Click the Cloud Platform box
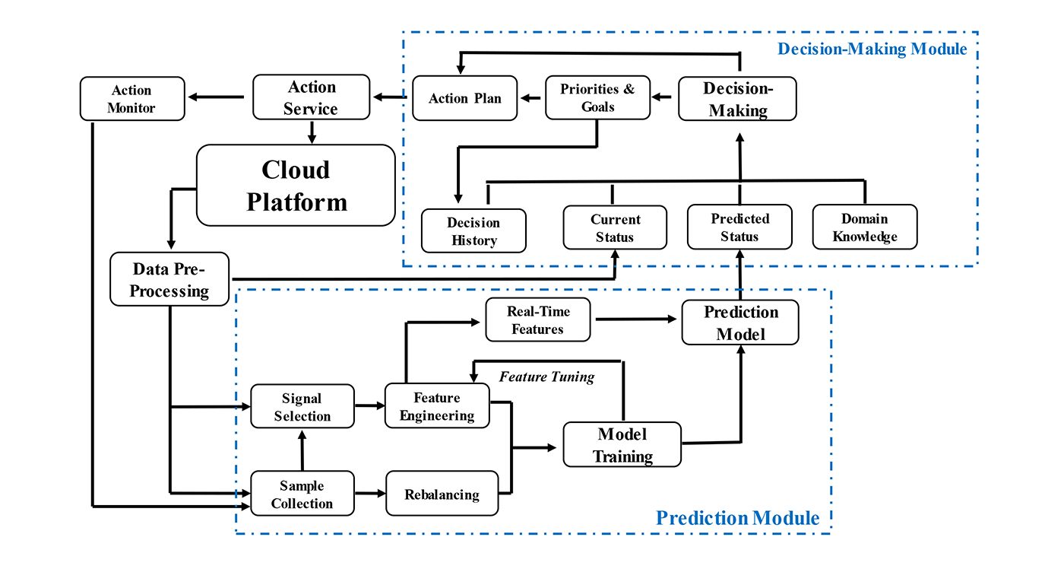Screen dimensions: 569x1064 coord(296,185)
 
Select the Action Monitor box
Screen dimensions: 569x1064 coord(132,99)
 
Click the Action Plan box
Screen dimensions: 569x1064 coord(464,98)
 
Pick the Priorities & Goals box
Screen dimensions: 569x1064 coord(597,98)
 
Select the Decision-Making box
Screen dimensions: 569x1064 coord(737,99)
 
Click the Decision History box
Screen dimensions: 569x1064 coord(473,231)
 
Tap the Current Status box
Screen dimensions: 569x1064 coord(615,227)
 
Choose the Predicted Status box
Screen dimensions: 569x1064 coord(739,227)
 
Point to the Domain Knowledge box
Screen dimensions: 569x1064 coord(865,227)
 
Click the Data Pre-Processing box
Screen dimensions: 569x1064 coord(169,279)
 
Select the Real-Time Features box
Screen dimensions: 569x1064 coord(538,320)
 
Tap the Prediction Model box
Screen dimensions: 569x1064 coord(740,323)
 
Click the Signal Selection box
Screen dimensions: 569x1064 coord(302,407)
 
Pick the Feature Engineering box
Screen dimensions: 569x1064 coord(437,407)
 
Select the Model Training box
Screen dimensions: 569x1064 coord(622,445)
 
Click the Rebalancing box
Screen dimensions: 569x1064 coord(442,494)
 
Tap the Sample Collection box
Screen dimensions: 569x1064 coord(302,494)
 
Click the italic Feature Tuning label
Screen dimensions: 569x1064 coord(546,377)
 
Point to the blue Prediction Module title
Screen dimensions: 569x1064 coord(737,519)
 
